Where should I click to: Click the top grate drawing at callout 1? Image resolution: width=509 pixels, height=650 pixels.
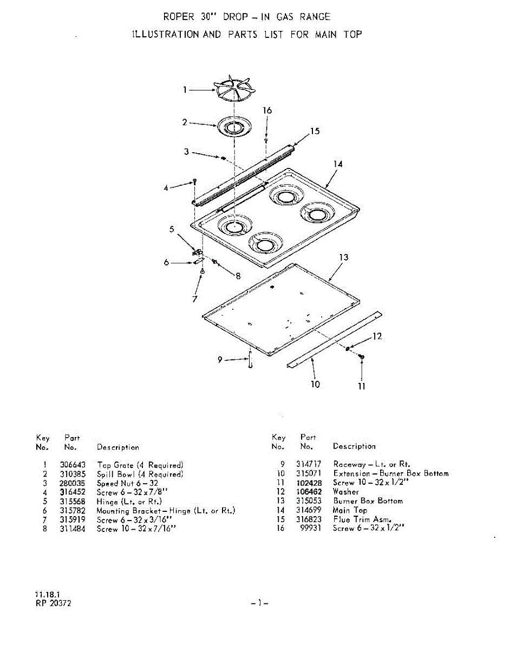point(234,90)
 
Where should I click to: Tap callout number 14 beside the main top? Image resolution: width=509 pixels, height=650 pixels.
point(338,164)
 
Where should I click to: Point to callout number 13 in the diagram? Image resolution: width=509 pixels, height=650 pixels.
point(343,257)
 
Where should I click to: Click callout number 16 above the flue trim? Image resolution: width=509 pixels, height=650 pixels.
point(267,110)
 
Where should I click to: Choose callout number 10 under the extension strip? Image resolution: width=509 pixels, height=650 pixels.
point(315,384)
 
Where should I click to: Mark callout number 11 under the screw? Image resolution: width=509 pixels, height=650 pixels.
point(362,386)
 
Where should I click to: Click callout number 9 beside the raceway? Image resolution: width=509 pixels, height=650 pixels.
point(220,359)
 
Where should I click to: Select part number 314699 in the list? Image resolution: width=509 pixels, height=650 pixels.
point(309,510)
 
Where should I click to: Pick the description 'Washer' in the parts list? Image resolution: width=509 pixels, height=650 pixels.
point(346,492)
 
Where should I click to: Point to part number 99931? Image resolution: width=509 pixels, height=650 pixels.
point(311,528)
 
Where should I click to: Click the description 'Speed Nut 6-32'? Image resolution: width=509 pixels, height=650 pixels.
point(127,483)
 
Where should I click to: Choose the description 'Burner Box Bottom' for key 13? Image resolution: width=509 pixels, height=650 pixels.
point(368,501)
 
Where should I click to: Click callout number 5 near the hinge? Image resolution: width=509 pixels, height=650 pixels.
point(172,230)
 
